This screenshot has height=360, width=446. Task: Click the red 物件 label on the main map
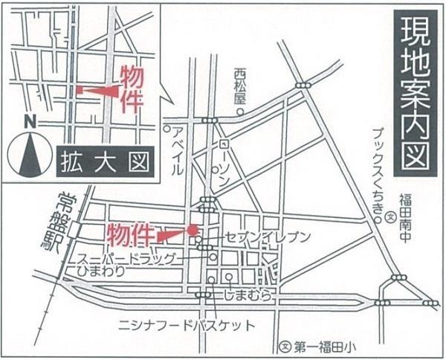point(132,234)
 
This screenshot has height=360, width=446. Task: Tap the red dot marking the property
point(193,231)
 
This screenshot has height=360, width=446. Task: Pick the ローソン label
point(225,167)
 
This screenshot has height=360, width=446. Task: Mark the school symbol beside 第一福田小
point(284,346)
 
